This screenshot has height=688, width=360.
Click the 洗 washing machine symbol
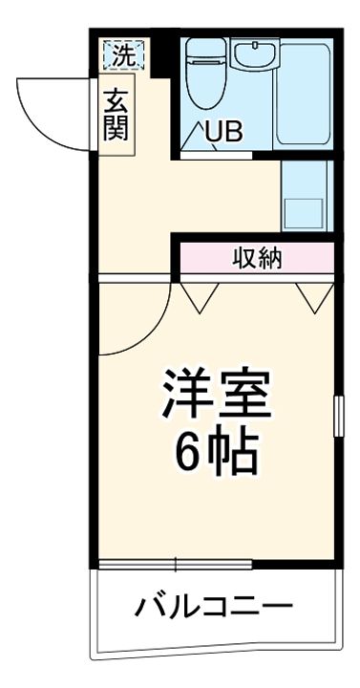pos(123,54)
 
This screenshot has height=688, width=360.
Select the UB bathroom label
pos(223,133)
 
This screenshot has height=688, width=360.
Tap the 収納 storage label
pos(257,257)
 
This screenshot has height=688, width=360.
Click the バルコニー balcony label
pos(212,606)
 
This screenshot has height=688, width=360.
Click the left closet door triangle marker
pos(200,299)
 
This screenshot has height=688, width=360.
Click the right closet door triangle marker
pos(311,299)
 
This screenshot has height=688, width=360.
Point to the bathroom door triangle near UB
pos(194,136)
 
